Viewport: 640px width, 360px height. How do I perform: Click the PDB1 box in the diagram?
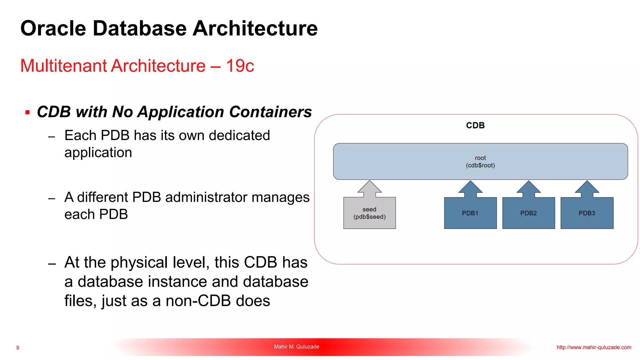point(470,213)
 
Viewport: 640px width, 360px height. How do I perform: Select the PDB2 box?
point(528,213)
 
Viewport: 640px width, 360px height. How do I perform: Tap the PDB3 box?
point(587,213)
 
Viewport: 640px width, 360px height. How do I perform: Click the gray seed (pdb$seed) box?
point(369,213)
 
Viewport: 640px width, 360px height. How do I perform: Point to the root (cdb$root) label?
point(480,162)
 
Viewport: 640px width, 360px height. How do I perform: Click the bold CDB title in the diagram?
point(475,125)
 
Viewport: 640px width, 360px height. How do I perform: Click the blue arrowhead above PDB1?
point(470,187)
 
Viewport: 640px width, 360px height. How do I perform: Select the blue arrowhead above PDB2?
point(528,187)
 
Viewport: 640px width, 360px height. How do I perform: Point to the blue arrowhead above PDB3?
point(587,187)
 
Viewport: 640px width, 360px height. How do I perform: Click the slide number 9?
point(18,348)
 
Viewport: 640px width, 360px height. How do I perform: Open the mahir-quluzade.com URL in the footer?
point(594,347)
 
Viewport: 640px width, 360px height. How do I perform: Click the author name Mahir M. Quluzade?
point(297,347)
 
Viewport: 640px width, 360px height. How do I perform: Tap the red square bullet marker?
point(27,112)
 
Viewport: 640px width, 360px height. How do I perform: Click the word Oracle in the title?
point(53,28)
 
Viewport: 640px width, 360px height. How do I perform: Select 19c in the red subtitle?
point(240,66)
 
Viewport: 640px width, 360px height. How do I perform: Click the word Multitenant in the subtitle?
point(64,66)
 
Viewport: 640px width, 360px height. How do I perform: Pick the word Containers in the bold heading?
point(270,112)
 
